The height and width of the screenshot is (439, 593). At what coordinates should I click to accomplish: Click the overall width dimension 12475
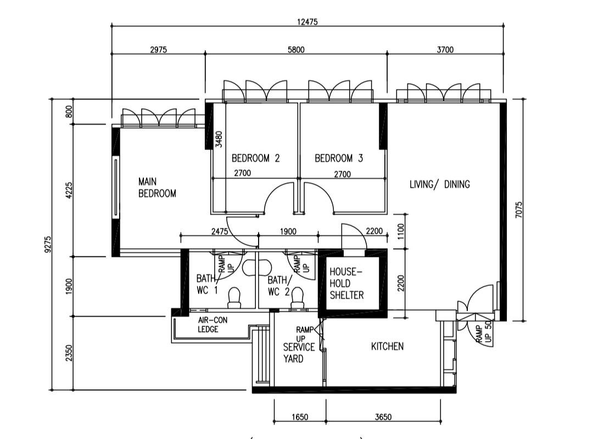click(x=307, y=22)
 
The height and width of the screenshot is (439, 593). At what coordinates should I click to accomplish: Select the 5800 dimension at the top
click(x=296, y=49)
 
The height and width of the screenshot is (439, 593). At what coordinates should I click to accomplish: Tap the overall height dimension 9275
click(x=48, y=244)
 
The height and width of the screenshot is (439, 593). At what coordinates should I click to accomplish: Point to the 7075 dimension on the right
click(x=519, y=210)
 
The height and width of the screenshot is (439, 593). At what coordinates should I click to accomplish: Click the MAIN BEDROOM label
click(x=157, y=187)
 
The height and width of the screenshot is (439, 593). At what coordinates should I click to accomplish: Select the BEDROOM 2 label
click(x=255, y=159)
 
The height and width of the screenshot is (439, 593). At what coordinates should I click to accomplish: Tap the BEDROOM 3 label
click(x=339, y=159)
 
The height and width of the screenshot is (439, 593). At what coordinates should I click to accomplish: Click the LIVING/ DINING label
click(x=440, y=184)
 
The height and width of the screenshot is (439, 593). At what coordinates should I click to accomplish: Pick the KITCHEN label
click(x=387, y=346)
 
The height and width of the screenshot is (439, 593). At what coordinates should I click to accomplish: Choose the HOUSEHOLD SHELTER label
click(x=346, y=283)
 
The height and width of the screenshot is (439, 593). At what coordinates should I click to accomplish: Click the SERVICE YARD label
click(x=299, y=353)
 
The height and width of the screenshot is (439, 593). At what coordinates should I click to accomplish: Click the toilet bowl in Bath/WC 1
click(x=234, y=296)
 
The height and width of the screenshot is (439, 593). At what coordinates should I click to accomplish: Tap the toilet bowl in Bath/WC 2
click(x=298, y=296)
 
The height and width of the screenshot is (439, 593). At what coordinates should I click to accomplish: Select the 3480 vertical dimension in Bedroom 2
click(x=219, y=139)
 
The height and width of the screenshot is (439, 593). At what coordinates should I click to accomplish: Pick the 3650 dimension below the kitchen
click(x=383, y=417)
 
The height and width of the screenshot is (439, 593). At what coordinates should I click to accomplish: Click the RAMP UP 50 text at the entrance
click(x=483, y=333)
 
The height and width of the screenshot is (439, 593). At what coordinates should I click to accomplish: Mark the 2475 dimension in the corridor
click(x=219, y=232)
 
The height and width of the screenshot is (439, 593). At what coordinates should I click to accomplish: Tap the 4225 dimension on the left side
click(x=69, y=191)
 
